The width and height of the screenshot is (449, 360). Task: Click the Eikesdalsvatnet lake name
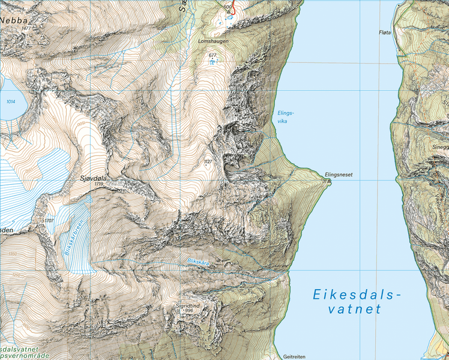pos(356,302)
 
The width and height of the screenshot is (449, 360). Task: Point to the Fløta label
pos(385,32)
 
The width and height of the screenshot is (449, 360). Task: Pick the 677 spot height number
pos(212,55)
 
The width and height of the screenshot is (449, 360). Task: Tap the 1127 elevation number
pos(208,161)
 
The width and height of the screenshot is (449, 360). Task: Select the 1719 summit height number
pos(99,185)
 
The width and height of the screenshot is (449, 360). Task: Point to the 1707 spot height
pos(49,221)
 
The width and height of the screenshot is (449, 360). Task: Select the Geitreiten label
pos(295,355)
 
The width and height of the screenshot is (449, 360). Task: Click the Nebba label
pos(16,20)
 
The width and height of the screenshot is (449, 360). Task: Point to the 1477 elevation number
pos(25,28)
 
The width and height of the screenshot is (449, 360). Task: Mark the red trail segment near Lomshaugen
pos(236,10)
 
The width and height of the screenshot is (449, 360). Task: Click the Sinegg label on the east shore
pos(440,146)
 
